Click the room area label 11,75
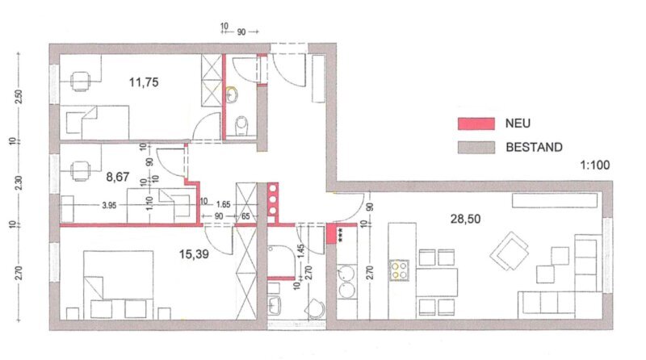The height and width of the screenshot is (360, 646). (x=144, y=82)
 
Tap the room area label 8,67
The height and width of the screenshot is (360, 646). (x=118, y=177)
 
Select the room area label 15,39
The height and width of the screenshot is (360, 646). (x=194, y=254)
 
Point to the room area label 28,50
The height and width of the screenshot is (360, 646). (x=466, y=219)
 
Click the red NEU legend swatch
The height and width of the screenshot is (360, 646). (x=476, y=123)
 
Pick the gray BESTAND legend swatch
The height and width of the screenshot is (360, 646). (x=476, y=147)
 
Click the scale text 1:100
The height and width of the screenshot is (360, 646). (x=595, y=165)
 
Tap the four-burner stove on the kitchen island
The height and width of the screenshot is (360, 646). (x=399, y=270)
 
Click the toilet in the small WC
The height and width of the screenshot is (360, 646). (x=241, y=126)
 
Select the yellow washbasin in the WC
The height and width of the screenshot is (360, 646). (x=232, y=94)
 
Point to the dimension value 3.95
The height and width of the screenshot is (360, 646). (x=109, y=205)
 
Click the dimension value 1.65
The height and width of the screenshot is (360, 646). (x=223, y=204)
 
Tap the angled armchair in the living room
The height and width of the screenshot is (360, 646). (x=510, y=251)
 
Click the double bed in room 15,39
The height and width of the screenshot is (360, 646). (x=119, y=285)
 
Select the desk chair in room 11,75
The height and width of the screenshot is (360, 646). (x=80, y=82)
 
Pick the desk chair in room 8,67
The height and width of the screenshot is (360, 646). (x=80, y=171)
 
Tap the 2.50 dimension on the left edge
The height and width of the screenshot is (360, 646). (x=18, y=97)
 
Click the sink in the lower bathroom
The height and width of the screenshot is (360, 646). (x=274, y=306)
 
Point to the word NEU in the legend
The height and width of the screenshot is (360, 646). (x=518, y=123)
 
